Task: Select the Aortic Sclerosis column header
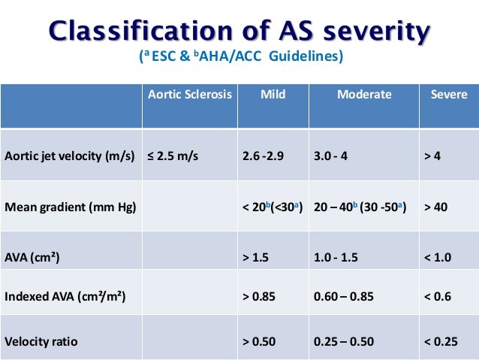point(190,95)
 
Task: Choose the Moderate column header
point(364,95)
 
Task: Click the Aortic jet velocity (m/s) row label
point(69,157)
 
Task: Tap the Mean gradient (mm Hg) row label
point(71,207)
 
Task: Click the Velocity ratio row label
point(41,341)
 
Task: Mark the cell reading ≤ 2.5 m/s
point(171,157)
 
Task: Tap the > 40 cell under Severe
point(440,207)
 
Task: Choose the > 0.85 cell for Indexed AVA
point(260,297)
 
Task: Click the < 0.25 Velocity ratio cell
point(441,341)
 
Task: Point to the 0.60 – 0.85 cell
point(344,297)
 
